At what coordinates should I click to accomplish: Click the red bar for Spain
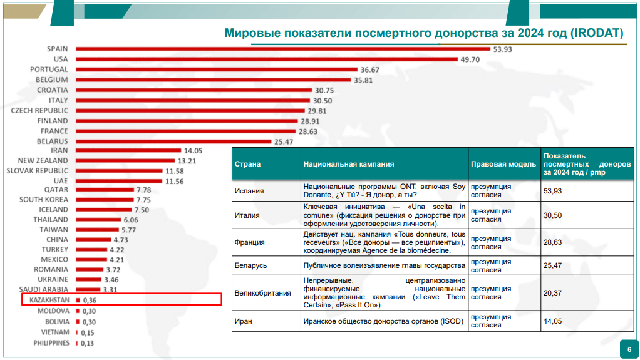tap(282, 49)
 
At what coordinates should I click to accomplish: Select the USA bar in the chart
tap(266, 59)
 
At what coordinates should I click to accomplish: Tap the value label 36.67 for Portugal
tap(369, 69)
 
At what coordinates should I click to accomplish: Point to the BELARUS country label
tap(52, 141)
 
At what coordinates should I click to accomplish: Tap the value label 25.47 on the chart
tap(284, 141)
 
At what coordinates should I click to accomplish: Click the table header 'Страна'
tap(247, 164)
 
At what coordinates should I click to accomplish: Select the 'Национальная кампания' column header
tap(349, 164)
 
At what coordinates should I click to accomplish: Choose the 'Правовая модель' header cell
tap(503, 164)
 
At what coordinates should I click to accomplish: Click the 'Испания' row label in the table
tap(249, 190)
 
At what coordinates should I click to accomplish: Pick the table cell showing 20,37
tap(553, 292)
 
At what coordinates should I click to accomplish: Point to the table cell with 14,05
tap(553, 321)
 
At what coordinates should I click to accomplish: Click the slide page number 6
tap(629, 349)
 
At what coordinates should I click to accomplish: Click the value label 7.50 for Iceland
tap(142, 210)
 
